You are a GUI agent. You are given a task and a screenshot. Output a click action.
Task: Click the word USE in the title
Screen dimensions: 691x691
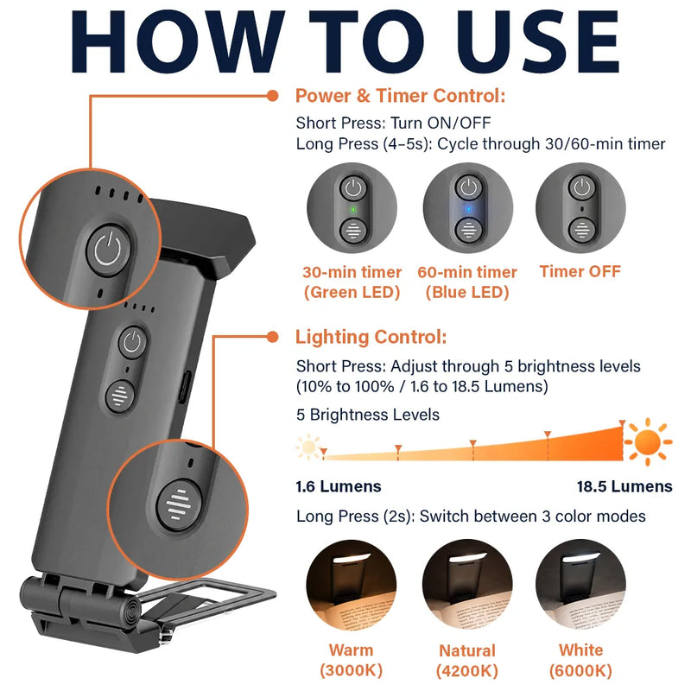(537, 41)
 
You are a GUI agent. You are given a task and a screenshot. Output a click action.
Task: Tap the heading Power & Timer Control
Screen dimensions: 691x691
(400, 96)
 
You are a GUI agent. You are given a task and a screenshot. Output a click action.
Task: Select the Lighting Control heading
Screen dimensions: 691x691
(371, 337)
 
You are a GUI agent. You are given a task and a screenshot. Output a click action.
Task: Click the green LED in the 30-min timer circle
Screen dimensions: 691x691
(353, 209)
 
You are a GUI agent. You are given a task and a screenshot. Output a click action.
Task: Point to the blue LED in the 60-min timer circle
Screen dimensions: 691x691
(468, 208)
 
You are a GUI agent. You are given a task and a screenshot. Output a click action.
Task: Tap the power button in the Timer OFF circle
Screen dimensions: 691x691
(581, 187)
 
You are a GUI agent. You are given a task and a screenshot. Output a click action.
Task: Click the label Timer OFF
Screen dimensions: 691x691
(580, 271)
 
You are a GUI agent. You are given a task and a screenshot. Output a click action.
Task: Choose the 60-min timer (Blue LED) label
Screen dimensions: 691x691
(467, 282)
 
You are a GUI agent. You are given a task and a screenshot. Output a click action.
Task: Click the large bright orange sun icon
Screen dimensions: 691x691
(648, 441)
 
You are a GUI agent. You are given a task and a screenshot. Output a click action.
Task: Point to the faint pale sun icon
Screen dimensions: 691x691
(308, 447)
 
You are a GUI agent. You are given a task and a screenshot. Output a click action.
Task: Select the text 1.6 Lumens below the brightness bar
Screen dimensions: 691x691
(339, 486)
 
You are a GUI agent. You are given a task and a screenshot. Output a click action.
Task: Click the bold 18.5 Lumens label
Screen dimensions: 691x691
(624, 486)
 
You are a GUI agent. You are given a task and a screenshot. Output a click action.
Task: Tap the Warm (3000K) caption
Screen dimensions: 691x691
(352, 660)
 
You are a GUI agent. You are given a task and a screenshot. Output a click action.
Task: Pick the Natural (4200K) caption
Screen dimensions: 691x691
(467, 661)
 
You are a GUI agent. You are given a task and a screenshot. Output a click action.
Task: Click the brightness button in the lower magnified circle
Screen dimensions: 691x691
(180, 504)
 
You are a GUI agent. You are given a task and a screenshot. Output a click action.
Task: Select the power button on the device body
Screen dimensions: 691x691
(132, 341)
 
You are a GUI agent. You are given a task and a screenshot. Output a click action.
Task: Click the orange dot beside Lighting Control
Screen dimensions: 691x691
(273, 337)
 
